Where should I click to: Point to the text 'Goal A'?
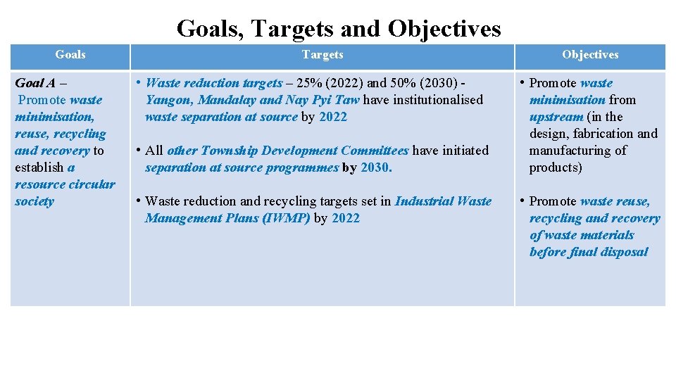[35, 83]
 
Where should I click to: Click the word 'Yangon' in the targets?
[168, 100]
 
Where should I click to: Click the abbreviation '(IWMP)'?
[285, 218]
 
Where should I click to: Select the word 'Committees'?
[375, 151]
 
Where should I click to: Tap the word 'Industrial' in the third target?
[425, 201]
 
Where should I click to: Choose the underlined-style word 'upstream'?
[556, 117]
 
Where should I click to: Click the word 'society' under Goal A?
[34, 201]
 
